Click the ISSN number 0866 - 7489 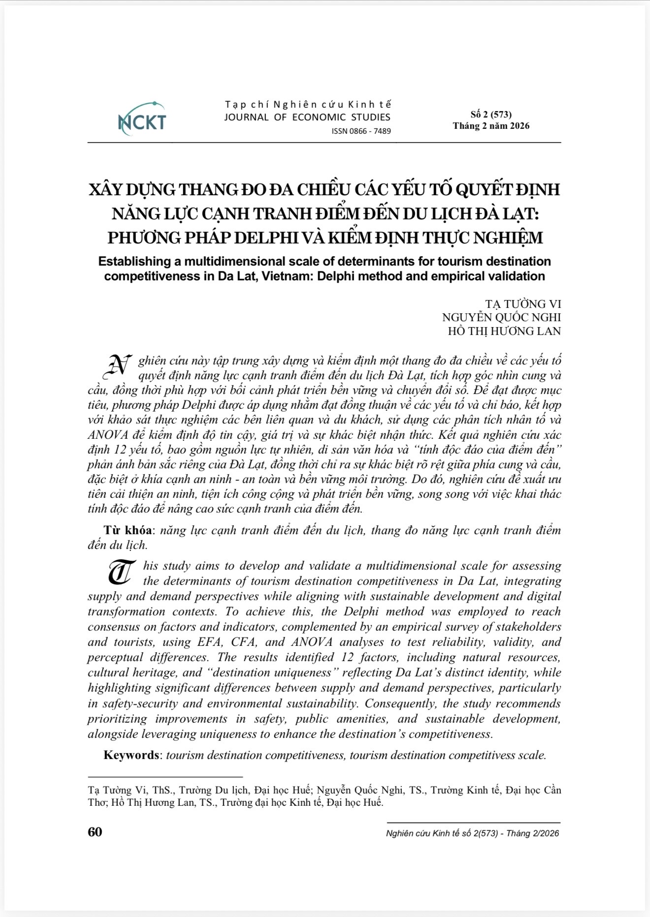tap(361, 131)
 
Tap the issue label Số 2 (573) tap(491, 115)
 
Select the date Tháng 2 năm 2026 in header tap(491, 126)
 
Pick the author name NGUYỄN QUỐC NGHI tap(501, 317)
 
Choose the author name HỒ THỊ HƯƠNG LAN tap(504, 331)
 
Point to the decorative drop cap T tap(120, 572)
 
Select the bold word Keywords tap(131, 755)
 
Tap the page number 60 tap(95, 832)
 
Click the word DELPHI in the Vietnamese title tap(274, 238)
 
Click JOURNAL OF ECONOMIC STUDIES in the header tap(307, 117)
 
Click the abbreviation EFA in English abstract tap(207, 642)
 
